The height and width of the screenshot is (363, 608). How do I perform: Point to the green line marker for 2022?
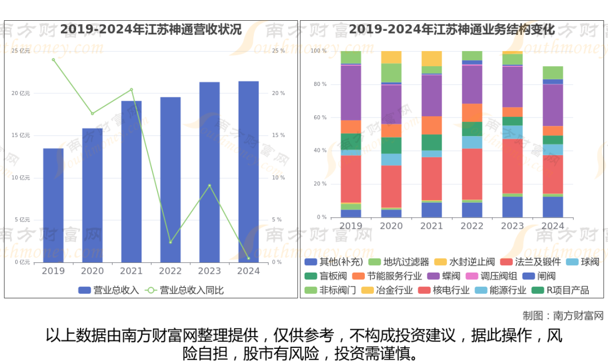point(171,242)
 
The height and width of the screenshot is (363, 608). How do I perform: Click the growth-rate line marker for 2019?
point(53,60)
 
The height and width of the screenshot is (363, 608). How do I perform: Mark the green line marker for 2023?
point(209,185)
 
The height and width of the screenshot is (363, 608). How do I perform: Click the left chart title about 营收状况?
point(151,29)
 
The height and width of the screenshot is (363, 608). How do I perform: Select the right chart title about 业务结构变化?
point(451,29)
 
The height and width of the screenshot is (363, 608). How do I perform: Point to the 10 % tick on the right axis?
point(278,178)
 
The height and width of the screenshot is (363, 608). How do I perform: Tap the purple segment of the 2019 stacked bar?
point(351,93)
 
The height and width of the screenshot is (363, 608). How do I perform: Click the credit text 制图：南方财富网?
point(562,315)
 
